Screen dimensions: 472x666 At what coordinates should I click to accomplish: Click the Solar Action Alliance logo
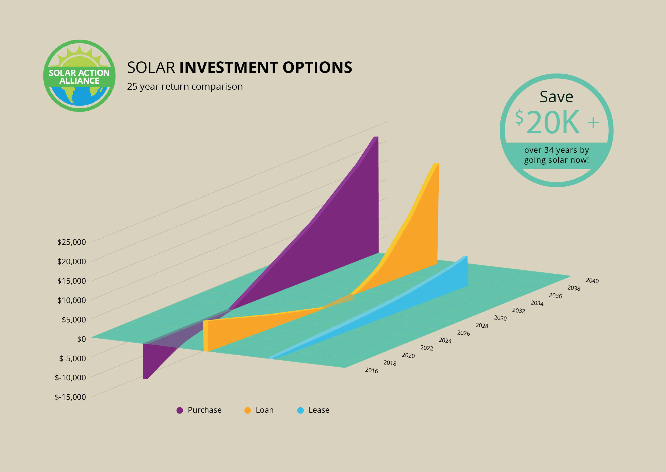[79, 75]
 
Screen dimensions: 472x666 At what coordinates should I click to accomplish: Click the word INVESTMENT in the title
[228, 67]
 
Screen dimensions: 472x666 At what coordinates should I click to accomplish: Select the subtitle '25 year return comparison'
[185, 86]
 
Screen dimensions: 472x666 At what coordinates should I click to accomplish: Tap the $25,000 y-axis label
[71, 242]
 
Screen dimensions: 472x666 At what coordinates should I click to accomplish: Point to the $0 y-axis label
[81, 339]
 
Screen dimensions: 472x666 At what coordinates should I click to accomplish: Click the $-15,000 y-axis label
[70, 397]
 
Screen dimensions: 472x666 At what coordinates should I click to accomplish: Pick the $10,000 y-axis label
[71, 300]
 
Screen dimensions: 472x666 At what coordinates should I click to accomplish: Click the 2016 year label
[371, 370]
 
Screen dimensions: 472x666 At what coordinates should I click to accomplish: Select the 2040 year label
[592, 280]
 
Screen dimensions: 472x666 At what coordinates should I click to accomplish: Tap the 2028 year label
[482, 325]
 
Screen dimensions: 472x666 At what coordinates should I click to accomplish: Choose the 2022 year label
[427, 348]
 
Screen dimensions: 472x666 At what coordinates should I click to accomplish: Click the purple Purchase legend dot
[180, 410]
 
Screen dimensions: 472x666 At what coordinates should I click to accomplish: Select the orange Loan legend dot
[248, 410]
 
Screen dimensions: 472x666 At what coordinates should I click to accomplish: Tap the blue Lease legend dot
[300, 410]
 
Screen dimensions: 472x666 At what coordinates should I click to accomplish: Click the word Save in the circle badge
[556, 97]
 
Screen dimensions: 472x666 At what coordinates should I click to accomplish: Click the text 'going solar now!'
[556, 160]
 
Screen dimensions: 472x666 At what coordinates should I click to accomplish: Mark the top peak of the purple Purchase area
[376, 137]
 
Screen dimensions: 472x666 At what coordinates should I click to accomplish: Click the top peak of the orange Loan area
[436, 163]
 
